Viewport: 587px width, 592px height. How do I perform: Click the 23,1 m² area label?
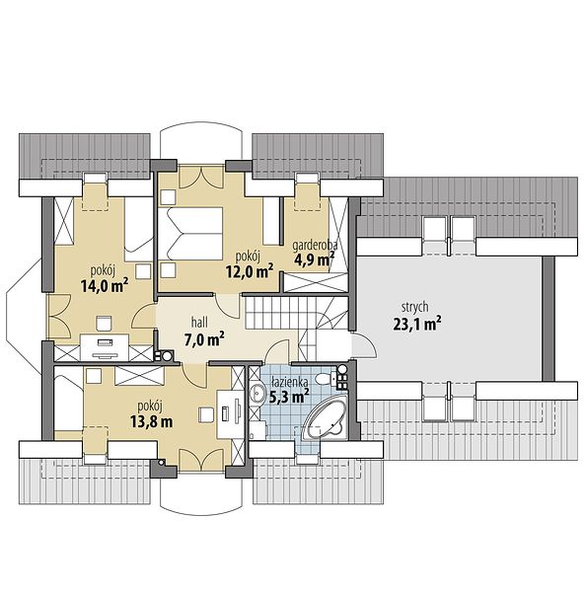click(417, 324)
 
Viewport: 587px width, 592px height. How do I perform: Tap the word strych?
click(415, 307)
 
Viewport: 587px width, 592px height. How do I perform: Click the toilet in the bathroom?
click(326, 378)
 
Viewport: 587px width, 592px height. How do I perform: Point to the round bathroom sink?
click(257, 393)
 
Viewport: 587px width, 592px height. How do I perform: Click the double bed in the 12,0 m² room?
click(189, 233)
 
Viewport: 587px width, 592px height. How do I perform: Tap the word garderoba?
click(315, 245)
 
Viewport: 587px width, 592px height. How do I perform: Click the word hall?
click(199, 323)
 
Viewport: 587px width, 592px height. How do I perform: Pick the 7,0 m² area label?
click(204, 339)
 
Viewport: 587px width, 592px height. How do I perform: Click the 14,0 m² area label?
click(105, 285)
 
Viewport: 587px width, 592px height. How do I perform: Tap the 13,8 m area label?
click(151, 421)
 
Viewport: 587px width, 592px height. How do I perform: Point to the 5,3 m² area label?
click(289, 397)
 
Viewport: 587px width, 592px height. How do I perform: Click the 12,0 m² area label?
click(250, 270)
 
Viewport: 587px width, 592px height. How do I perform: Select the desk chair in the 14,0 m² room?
click(105, 324)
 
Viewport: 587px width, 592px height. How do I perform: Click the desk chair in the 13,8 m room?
click(206, 414)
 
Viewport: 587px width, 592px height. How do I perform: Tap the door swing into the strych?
click(365, 344)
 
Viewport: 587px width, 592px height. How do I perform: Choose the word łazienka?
click(289, 383)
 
